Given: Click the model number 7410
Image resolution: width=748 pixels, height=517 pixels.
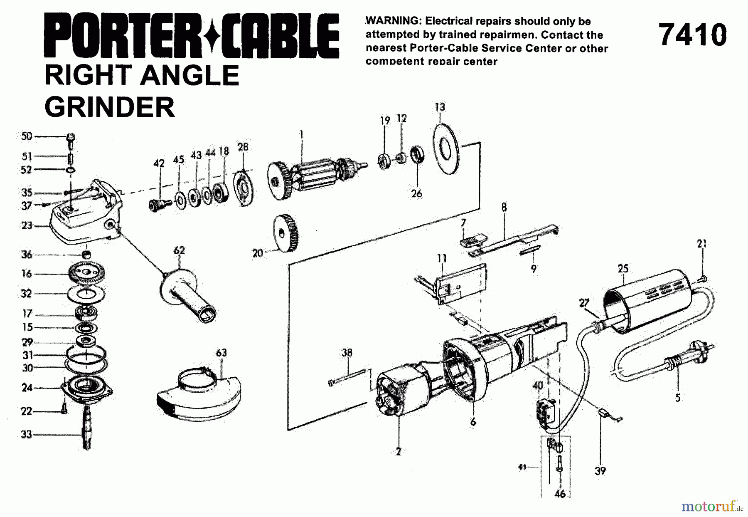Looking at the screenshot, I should pos(693,35).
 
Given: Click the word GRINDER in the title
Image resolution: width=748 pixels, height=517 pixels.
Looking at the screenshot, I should pos(110,107).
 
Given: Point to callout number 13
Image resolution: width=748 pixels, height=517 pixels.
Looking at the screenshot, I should pos(440,107).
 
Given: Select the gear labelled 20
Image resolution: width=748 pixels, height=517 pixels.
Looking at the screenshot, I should pos(285,234).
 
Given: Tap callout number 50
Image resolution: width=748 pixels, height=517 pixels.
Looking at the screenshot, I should pos(27,136).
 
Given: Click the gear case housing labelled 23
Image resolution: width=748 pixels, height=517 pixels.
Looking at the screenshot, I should pos(85,216).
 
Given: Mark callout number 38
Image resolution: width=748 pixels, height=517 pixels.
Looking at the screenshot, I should pos(347,353).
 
